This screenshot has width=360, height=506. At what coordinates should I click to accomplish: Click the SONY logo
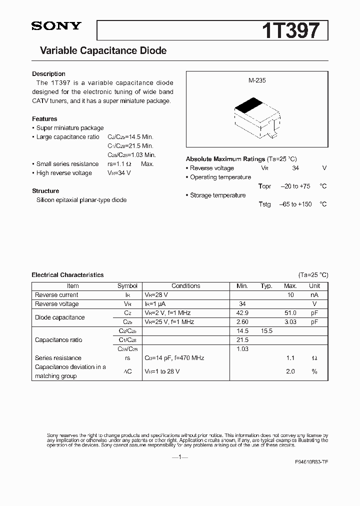[x=56, y=26]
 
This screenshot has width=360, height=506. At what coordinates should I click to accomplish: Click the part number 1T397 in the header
[x=290, y=31]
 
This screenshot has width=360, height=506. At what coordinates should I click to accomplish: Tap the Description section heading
[x=48, y=74]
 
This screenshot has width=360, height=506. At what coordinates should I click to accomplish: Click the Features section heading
[x=44, y=119]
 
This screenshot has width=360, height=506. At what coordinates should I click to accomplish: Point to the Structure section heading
[x=45, y=191]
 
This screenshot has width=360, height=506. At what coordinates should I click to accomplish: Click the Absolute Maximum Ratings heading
[x=225, y=159]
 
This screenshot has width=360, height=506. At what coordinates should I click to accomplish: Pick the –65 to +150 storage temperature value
[x=295, y=204]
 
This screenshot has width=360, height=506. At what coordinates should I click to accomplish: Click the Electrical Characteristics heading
[x=67, y=275]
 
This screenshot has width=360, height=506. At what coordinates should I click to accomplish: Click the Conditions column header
[x=185, y=286]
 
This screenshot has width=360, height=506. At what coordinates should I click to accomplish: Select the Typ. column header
[x=266, y=286]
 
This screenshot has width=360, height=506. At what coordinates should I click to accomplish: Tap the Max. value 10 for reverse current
[x=290, y=295]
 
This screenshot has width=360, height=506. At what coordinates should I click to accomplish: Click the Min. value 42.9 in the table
[x=242, y=313]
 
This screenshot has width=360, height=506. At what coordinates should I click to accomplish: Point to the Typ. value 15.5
[x=266, y=331]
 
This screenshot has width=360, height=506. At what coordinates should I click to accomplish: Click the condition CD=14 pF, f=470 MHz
[x=174, y=358]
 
